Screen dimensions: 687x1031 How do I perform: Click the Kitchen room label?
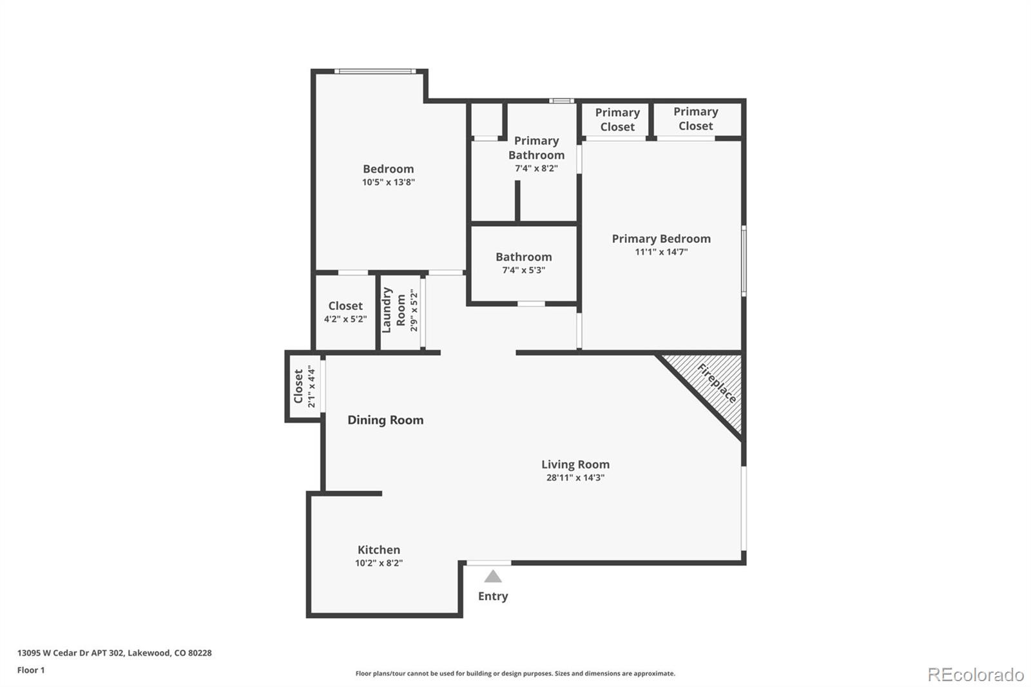[379, 550]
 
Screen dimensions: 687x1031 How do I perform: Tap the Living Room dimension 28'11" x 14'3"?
[575, 478]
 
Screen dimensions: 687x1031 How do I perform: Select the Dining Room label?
[385, 420]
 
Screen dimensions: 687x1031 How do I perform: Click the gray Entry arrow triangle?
[493, 576]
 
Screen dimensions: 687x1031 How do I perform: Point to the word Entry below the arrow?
[493, 596]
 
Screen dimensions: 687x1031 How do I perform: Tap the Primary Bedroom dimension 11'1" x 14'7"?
[661, 252]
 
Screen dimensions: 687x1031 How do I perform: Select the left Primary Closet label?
[617, 120]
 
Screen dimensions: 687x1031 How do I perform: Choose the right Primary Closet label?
[696, 119]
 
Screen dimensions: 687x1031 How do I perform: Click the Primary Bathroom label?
[536, 148]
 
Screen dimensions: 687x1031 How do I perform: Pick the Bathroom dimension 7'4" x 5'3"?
[524, 270]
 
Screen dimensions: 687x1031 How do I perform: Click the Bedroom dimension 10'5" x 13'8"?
[389, 182]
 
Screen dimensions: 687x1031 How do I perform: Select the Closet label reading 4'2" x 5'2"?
[345, 312]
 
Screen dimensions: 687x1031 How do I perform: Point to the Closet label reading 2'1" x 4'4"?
[304, 387]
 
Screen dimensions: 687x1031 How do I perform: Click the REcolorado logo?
[976, 675]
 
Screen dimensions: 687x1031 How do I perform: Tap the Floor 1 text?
[31, 670]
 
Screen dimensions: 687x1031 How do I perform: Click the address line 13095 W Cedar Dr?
[114, 653]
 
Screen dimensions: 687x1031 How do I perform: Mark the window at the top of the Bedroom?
[375, 71]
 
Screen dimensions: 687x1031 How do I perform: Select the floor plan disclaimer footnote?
[515, 673]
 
